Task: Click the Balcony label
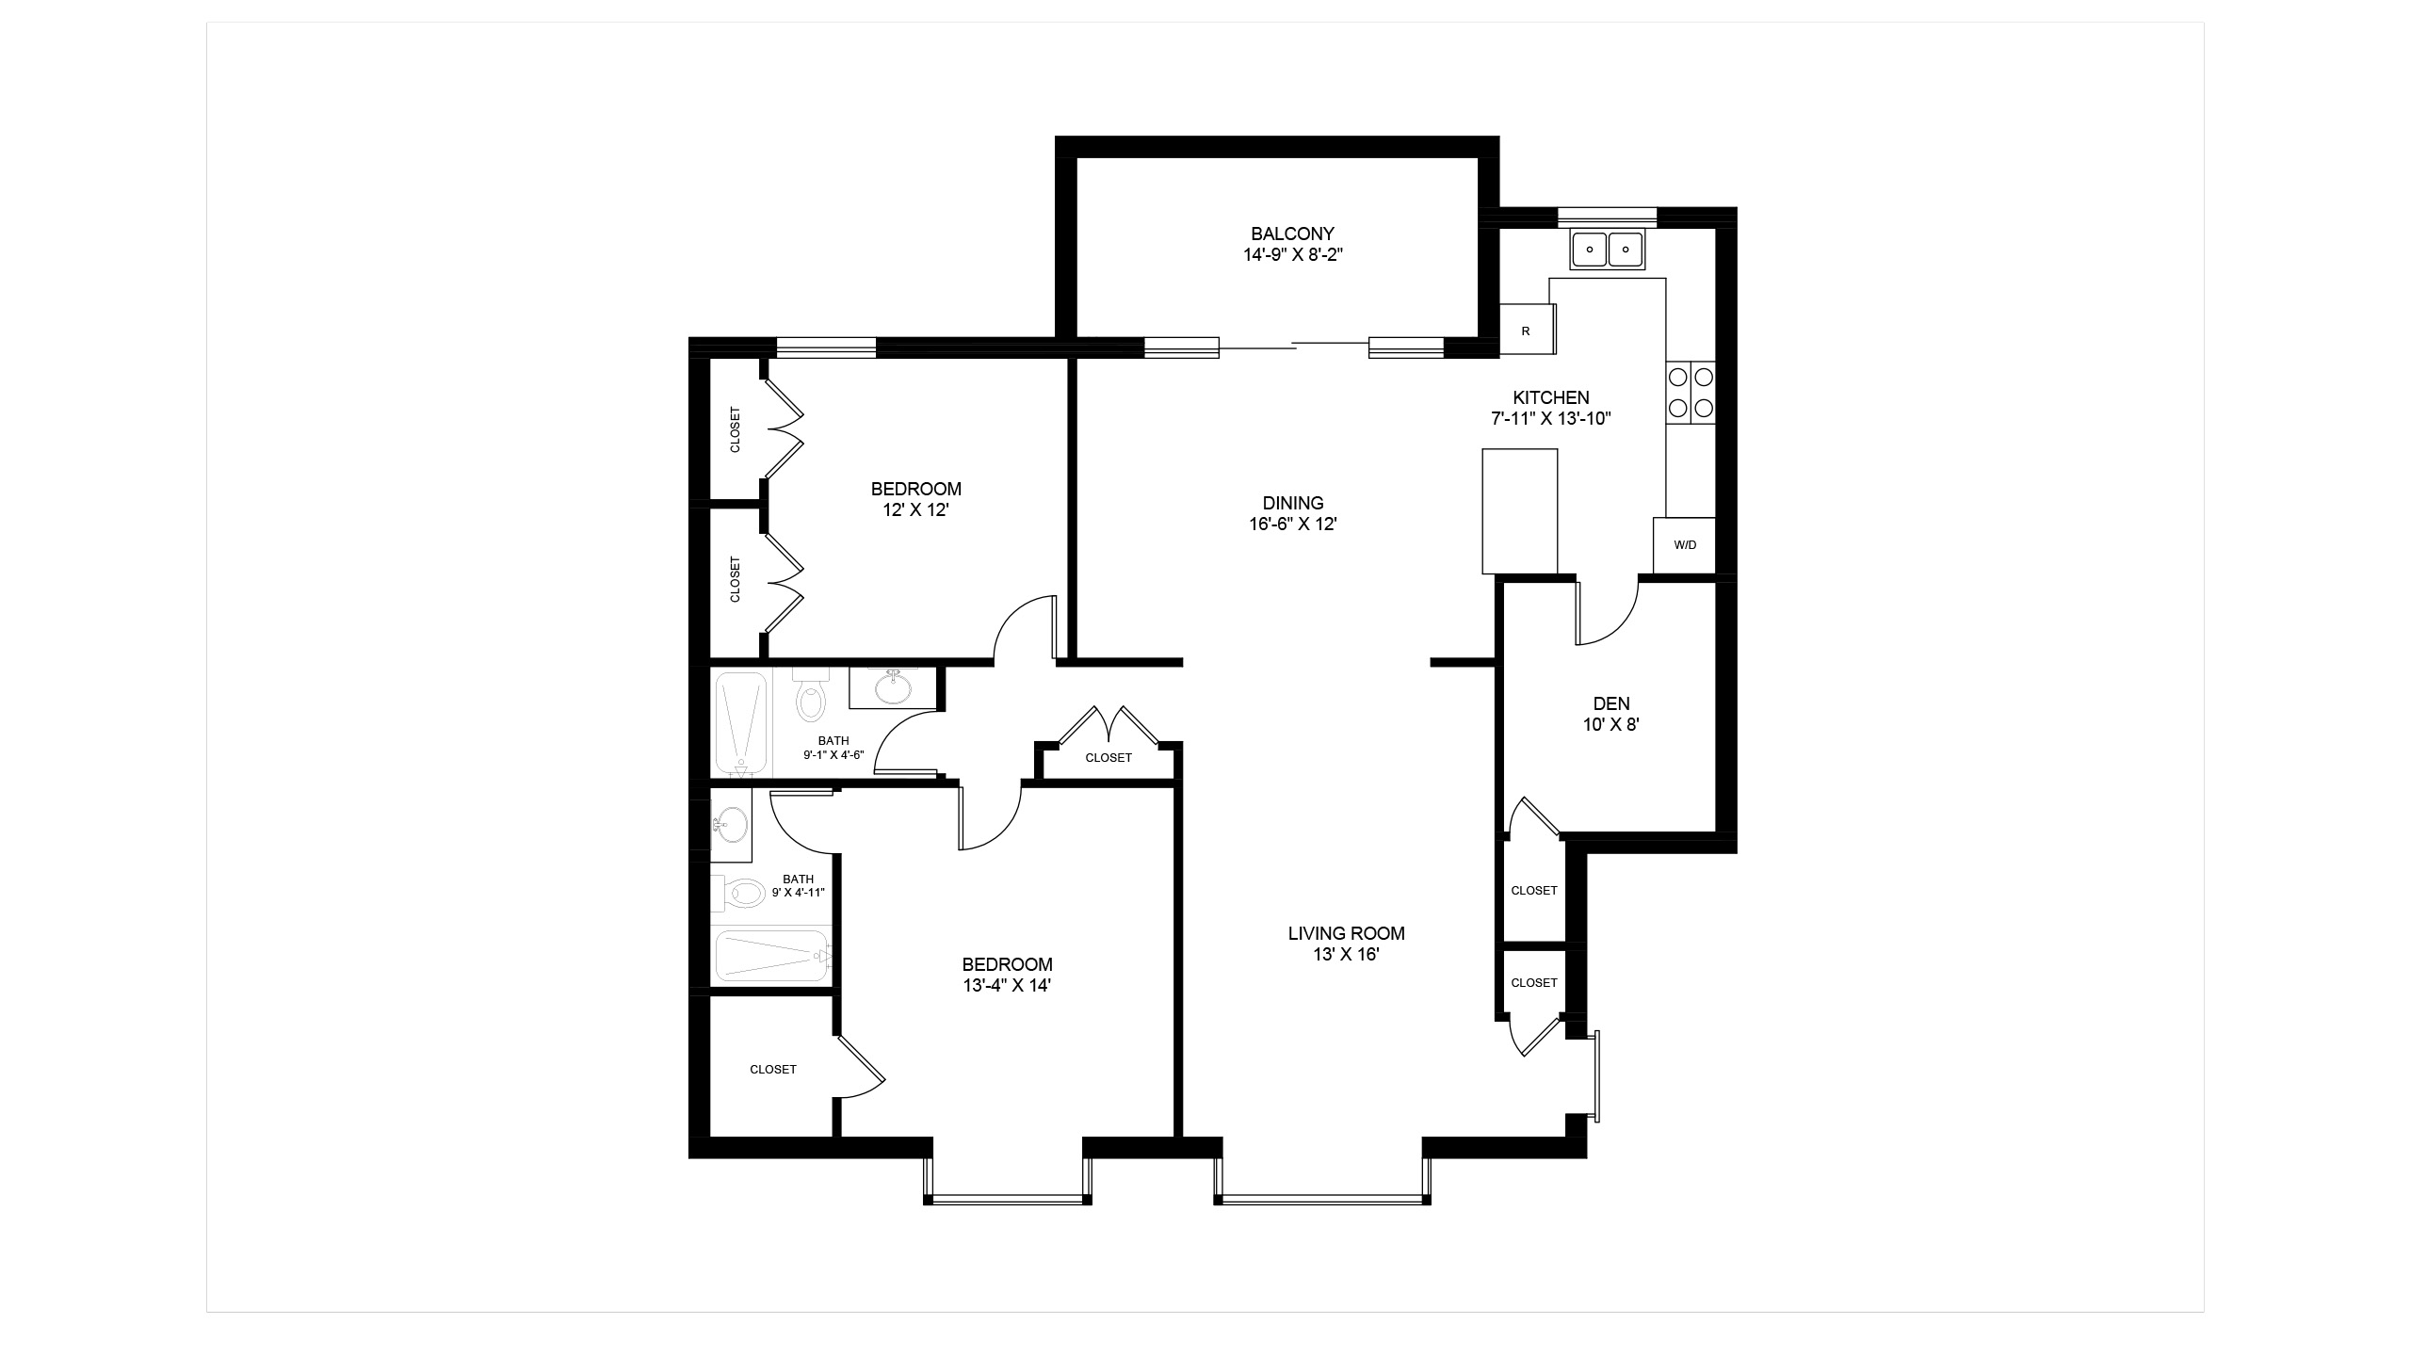1292,243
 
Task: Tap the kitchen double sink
1608,250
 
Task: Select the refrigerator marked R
1526,330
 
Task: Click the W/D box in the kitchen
1685,545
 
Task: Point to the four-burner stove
1691,393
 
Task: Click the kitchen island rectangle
1520,511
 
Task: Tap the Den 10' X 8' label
1611,714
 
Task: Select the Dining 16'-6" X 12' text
1293,513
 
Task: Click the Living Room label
1347,944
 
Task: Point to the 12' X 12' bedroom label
916,499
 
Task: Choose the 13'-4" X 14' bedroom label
1007,975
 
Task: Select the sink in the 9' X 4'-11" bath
731,826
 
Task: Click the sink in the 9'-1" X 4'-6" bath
893,686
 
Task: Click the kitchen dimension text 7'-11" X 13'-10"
1551,419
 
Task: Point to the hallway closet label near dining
1108,758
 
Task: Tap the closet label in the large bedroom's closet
773,1070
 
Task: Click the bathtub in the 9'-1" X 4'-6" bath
742,723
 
